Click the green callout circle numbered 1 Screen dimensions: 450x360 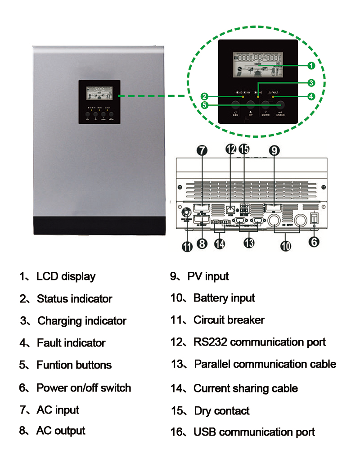point(311,66)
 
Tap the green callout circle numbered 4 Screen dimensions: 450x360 point(311,96)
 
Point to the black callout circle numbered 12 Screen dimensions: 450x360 point(231,151)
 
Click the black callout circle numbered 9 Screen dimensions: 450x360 point(274,151)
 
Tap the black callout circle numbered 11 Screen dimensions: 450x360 point(187,246)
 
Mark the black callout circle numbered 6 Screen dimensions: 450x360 point(314,242)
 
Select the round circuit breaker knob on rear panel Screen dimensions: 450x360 point(184,212)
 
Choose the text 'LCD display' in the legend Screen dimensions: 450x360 point(66,276)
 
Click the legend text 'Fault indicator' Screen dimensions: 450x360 point(71,343)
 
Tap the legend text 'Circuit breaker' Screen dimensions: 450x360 point(229,320)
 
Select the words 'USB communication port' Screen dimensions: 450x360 point(254,432)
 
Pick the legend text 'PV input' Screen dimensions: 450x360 point(208,276)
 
